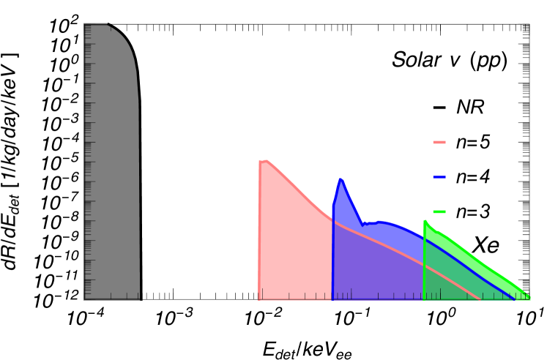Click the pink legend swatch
click(x=439, y=142)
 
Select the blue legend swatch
click(x=439, y=176)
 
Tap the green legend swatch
click(x=439, y=211)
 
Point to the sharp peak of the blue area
click(x=341, y=179)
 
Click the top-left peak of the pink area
click(x=266, y=160)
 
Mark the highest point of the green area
click(x=425, y=220)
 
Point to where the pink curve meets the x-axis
click(x=480, y=299)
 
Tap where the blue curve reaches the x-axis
click(x=515, y=299)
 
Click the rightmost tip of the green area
click(x=529, y=296)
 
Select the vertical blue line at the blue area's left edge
click(x=333, y=256)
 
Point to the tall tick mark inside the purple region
click(x=351, y=293)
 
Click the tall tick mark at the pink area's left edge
click(x=262, y=293)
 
